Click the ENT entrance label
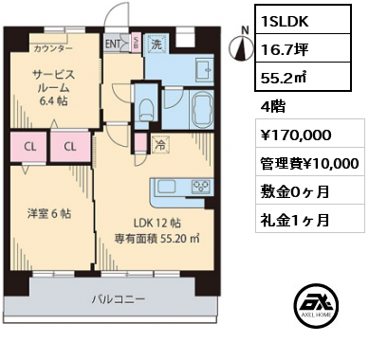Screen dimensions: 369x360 coord(113,45)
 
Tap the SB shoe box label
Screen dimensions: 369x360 coord(136,42)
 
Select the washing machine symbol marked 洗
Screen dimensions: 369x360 coord(157,45)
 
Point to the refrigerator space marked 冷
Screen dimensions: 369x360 coord(160,145)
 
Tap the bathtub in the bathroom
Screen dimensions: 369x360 coord(202,110)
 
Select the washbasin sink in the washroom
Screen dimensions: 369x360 coord(205,69)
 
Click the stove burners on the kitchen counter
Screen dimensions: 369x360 coord(200,187)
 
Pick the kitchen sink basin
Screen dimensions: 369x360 coord(169,187)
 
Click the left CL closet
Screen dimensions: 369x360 coord(29,147)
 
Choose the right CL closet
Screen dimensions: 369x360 coord(71,147)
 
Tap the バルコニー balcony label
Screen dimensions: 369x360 coord(119,299)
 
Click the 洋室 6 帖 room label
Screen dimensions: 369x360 coord(49,214)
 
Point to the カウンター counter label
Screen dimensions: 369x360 coord(53,48)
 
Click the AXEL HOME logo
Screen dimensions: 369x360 coord(316,306)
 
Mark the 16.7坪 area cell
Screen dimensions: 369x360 coord(303,48)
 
